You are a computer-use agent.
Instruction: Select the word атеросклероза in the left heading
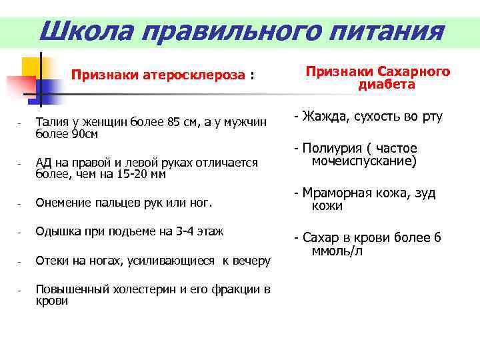pos(194,75)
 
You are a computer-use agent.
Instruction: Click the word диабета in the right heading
pos(387,85)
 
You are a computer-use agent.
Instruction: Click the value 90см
pos(79,134)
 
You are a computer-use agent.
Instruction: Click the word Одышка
pos(56,231)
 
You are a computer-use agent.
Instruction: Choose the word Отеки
pos(52,261)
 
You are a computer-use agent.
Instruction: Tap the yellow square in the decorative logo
pos(31,67)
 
